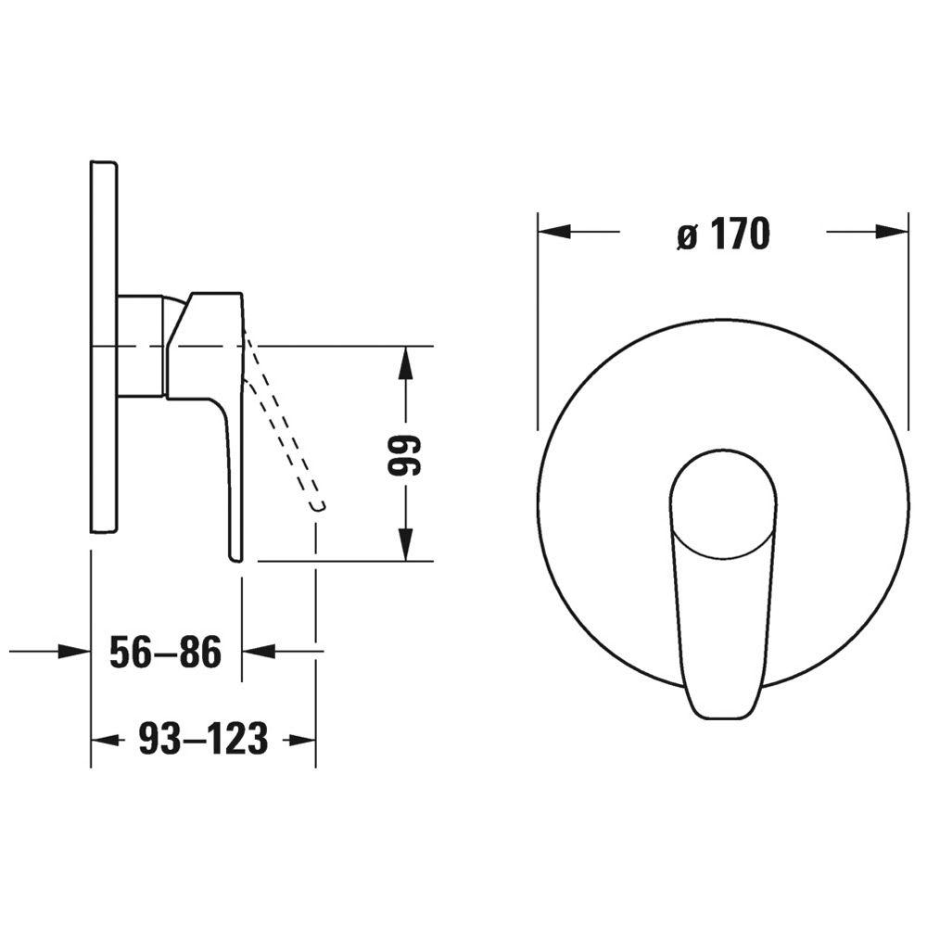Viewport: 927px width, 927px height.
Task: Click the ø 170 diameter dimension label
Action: point(724,234)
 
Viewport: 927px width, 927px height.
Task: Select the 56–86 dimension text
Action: point(166,652)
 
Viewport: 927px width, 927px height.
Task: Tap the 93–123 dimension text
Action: point(203,739)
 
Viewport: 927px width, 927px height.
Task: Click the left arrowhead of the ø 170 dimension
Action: point(554,232)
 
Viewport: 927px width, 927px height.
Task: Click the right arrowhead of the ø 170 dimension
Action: point(892,232)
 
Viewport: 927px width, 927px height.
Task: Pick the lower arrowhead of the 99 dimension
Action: point(405,543)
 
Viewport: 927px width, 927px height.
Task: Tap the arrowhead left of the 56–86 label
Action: point(74,652)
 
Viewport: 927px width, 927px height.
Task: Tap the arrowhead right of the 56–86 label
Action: point(259,652)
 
